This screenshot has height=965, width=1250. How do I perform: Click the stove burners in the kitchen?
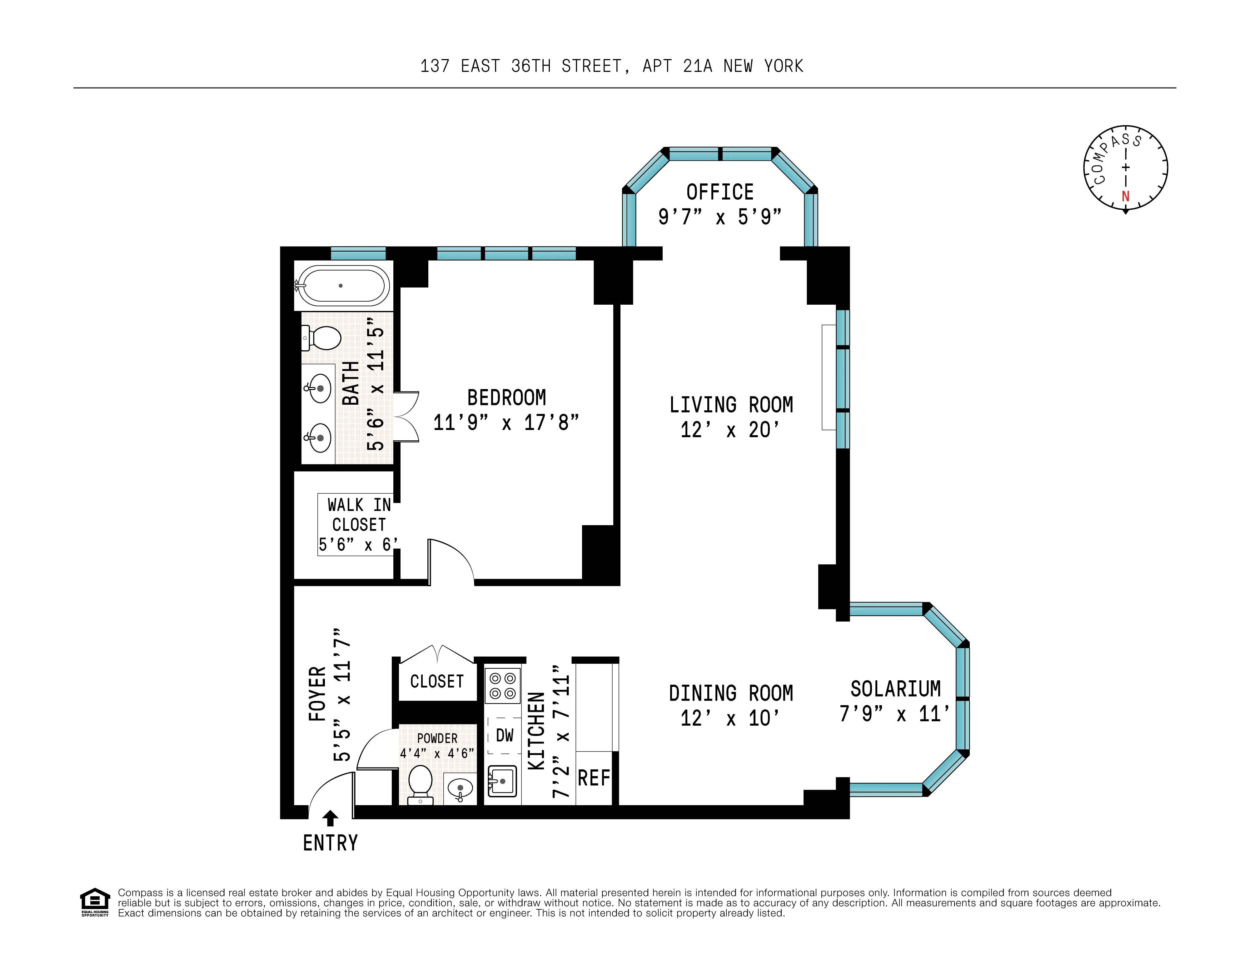502,685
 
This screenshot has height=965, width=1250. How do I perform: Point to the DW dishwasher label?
504,736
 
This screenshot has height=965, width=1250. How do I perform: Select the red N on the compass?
1125,196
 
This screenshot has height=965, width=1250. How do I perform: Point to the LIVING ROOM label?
731,405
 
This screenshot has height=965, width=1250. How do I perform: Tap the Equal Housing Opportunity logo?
94,902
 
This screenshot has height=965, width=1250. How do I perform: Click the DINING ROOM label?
731,693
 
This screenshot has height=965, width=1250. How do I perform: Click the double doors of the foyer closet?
438,652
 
